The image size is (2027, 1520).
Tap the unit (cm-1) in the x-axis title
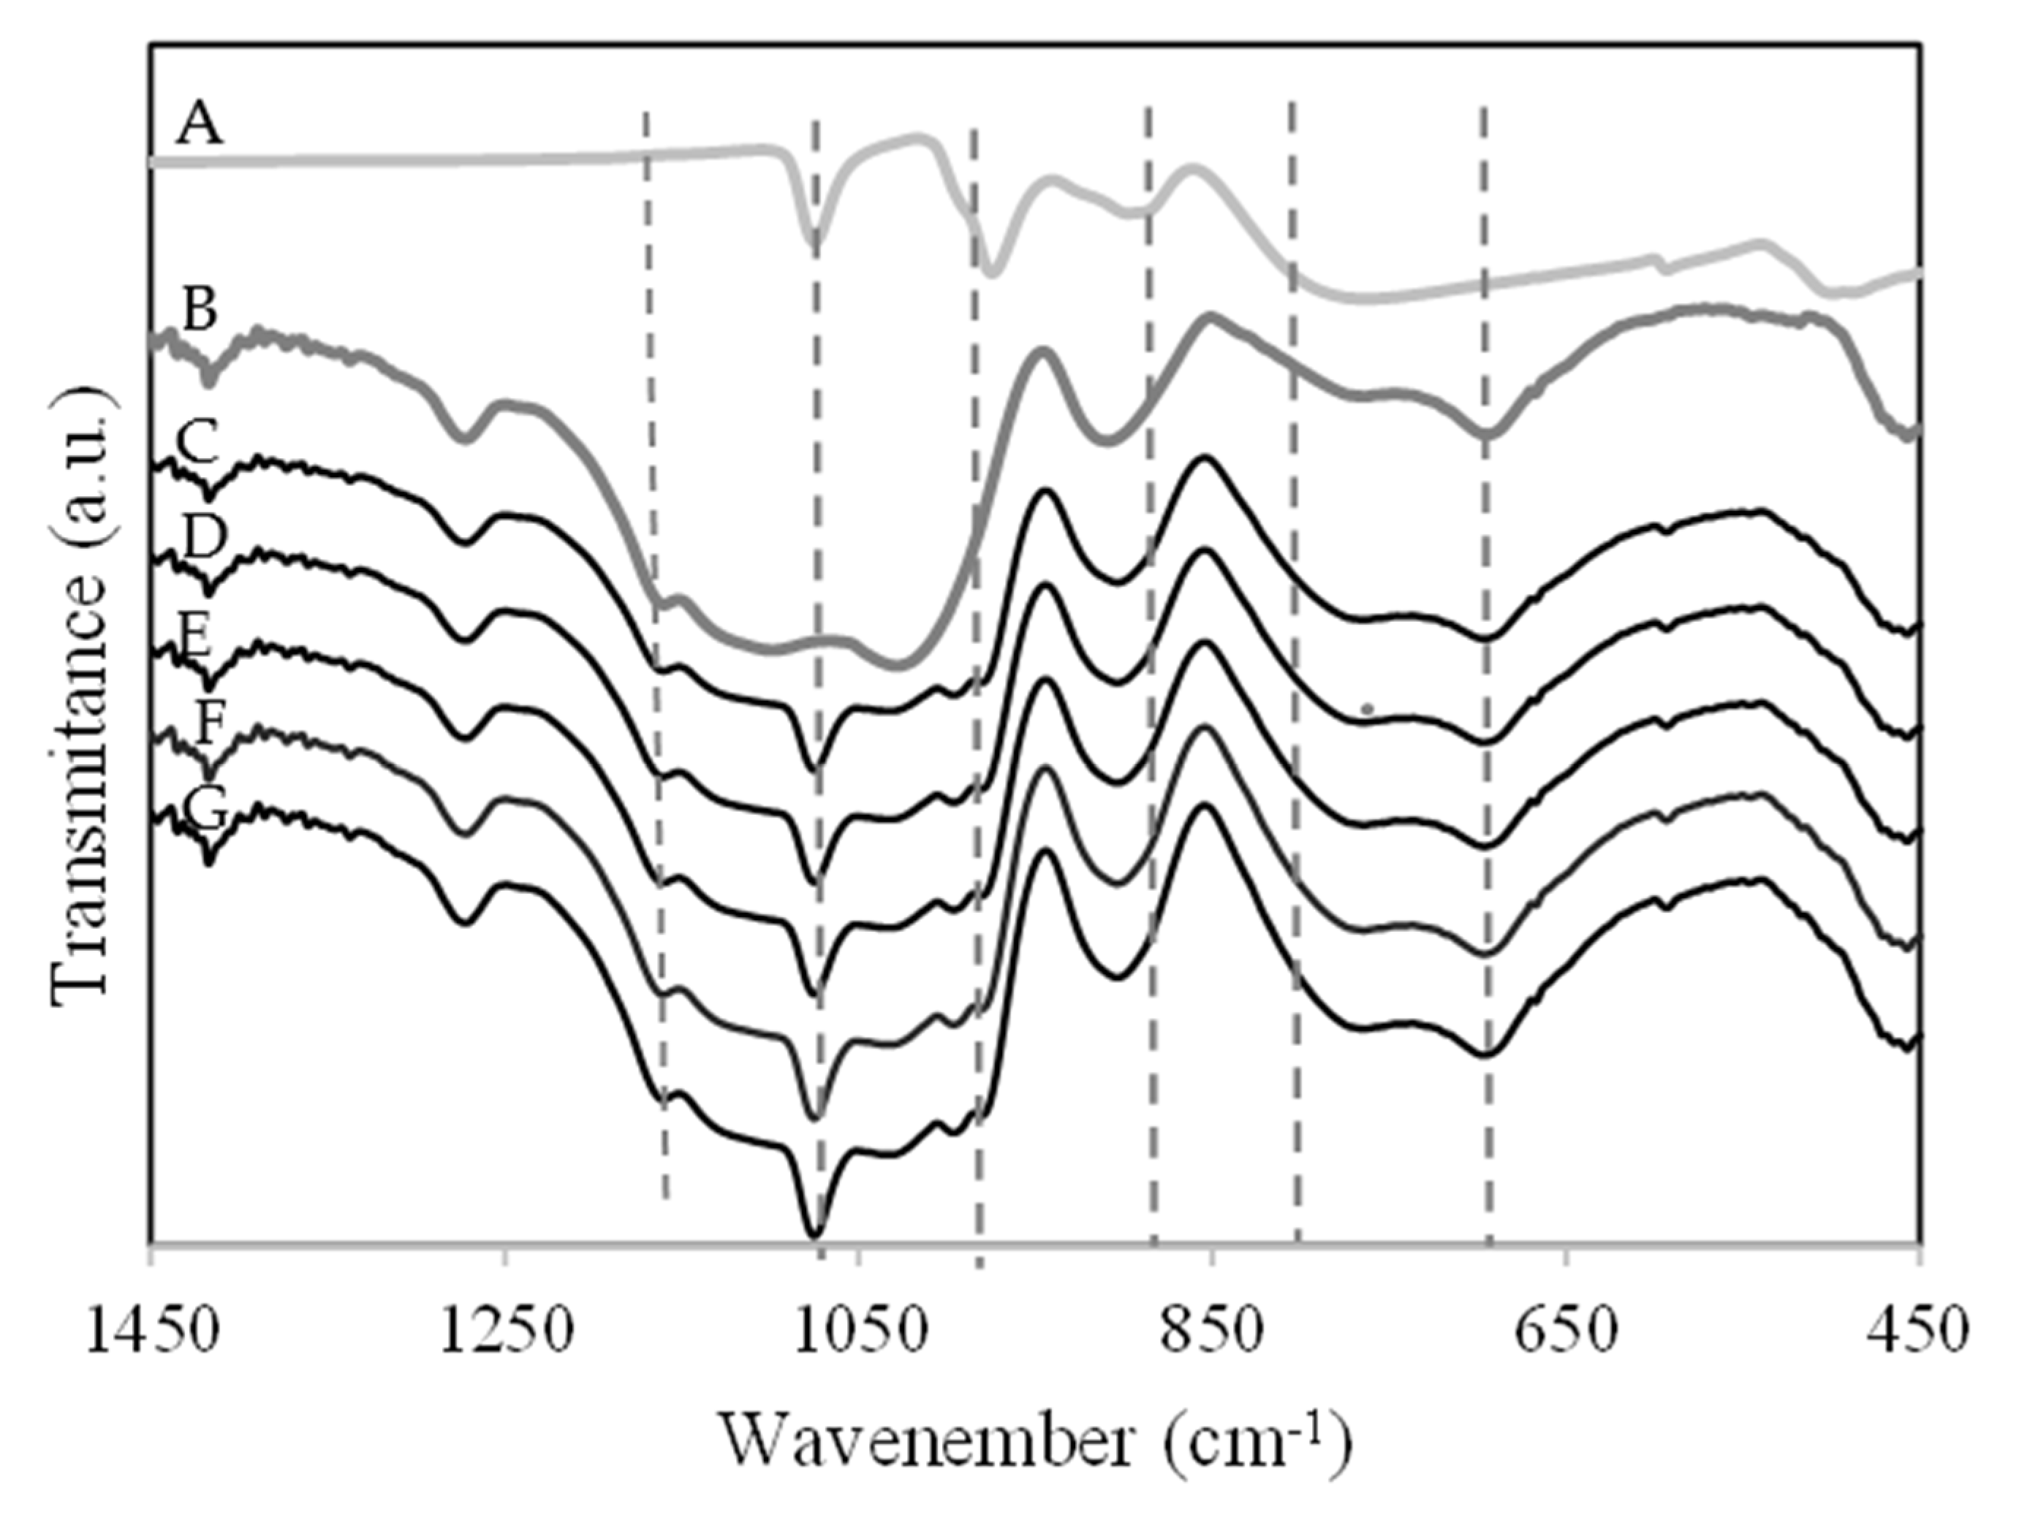click(1261, 1438)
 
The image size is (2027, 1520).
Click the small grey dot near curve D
click(1366, 707)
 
